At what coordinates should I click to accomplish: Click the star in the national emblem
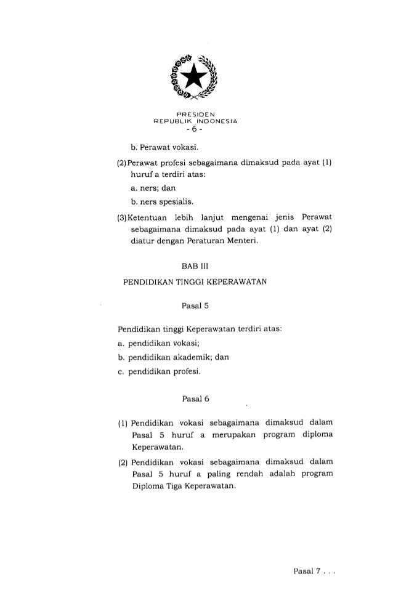(x=196, y=78)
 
